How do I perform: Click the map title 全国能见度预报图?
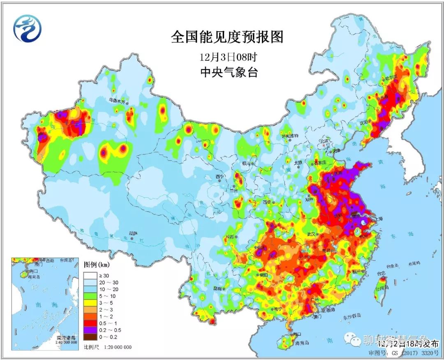coord(227,37)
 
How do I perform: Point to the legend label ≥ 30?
coord(106,275)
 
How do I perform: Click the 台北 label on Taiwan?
coord(381,273)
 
